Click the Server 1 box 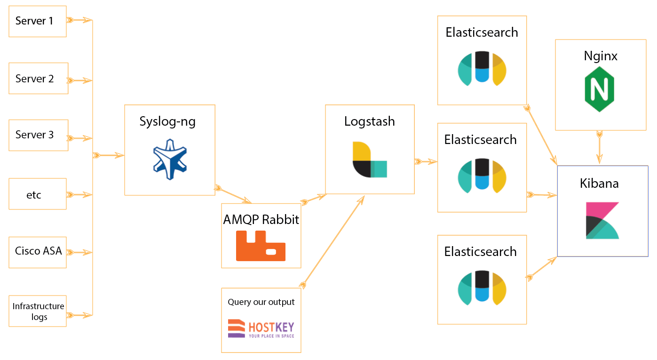[x=38, y=21]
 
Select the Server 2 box [x=38, y=79]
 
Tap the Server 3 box [x=38, y=135]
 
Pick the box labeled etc [x=38, y=194]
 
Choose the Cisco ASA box [x=38, y=251]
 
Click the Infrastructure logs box [x=38, y=311]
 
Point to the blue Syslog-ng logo [x=170, y=159]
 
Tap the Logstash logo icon [x=369, y=160]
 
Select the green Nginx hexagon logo [x=600, y=88]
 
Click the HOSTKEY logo [x=261, y=328]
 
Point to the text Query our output [x=261, y=302]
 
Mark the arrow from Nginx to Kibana [x=600, y=148]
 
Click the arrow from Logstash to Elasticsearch [x=426, y=162]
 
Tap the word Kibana [x=600, y=184]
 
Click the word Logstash [x=369, y=121]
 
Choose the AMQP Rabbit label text [x=261, y=220]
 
